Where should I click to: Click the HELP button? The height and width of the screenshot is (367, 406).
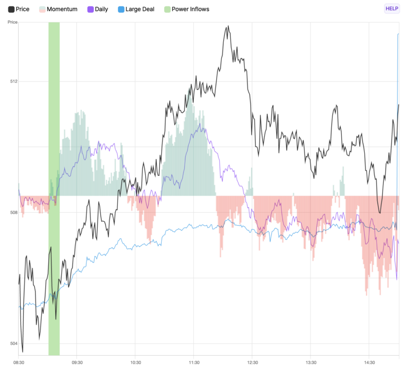pyautogui.click(x=391, y=9)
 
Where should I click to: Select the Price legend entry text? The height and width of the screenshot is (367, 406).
pyautogui.click(x=22, y=9)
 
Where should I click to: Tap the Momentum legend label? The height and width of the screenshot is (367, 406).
pyautogui.click(x=62, y=9)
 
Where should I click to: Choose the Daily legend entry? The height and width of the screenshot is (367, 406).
pyautogui.click(x=101, y=9)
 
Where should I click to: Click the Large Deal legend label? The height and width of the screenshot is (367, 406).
pyautogui.click(x=140, y=9)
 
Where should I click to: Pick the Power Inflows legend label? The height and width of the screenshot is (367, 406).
pyautogui.click(x=190, y=9)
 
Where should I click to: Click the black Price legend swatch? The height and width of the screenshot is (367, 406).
pyautogui.click(x=11, y=9)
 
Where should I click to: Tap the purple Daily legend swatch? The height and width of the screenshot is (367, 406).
pyautogui.click(x=90, y=9)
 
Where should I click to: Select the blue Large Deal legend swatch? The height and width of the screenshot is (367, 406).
pyautogui.click(x=121, y=9)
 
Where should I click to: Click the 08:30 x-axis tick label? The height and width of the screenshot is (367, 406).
pyautogui.click(x=19, y=362)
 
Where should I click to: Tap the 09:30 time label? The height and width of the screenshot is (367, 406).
pyautogui.click(x=77, y=362)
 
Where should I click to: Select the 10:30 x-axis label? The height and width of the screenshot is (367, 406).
pyautogui.click(x=135, y=362)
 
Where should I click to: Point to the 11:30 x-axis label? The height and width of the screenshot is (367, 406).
pyautogui.click(x=194, y=362)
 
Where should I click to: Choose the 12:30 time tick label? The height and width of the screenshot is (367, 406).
pyautogui.click(x=252, y=362)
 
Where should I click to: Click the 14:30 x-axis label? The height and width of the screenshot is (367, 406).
pyautogui.click(x=369, y=362)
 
